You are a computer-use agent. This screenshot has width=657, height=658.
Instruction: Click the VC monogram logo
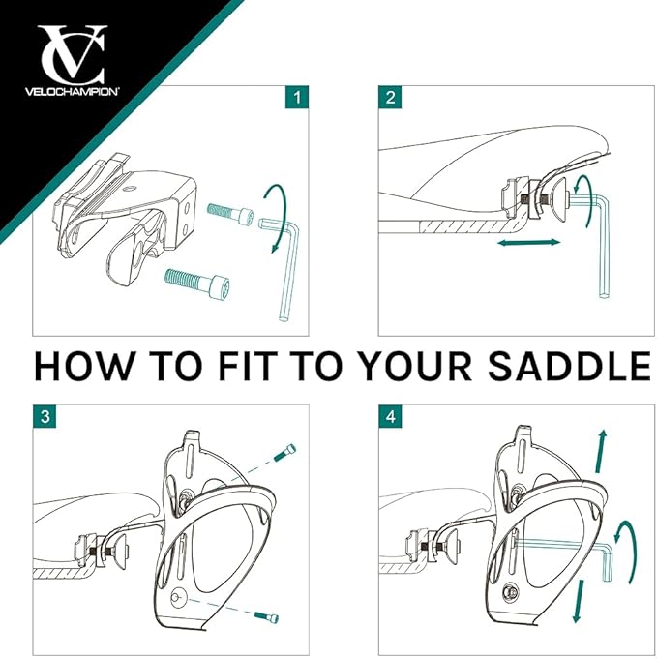pyautogui.click(x=73, y=54)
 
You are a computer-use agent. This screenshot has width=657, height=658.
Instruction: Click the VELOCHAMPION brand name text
pyautogui.click(x=73, y=92)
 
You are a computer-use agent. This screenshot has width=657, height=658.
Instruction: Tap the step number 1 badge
pyautogui.click(x=297, y=97)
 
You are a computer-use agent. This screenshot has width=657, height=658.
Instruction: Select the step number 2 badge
pyautogui.click(x=390, y=97)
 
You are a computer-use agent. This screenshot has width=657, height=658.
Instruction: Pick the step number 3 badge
pyautogui.click(x=45, y=416)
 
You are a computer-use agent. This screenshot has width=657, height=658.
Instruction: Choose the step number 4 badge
pyautogui.click(x=390, y=416)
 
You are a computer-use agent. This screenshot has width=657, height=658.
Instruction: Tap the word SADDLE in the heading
pyautogui.click(x=569, y=366)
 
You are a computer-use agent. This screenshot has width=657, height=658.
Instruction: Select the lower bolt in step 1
pyautogui.click(x=197, y=282)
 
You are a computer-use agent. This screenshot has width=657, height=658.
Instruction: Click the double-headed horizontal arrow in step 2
pyautogui.click(x=528, y=242)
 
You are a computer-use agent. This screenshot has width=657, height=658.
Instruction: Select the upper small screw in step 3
pyautogui.click(x=284, y=453)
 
